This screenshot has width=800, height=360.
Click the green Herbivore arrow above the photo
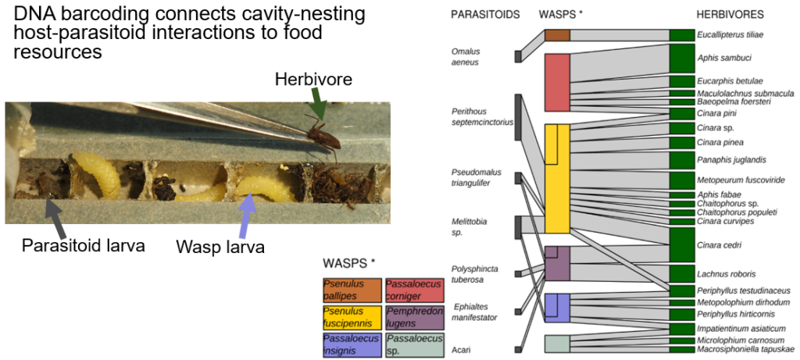[317, 102]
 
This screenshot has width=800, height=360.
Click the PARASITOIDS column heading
[485, 15]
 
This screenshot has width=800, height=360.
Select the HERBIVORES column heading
[730, 15]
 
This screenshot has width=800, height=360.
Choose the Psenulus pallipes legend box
[351, 290]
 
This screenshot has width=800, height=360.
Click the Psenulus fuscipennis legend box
[351, 317]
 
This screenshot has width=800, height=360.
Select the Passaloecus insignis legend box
[351, 344]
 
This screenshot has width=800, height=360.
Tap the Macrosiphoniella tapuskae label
[746, 349]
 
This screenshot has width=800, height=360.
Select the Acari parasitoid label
[461, 349]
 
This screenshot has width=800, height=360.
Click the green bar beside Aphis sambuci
[681, 57]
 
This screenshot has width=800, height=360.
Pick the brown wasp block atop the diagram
[557, 34]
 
